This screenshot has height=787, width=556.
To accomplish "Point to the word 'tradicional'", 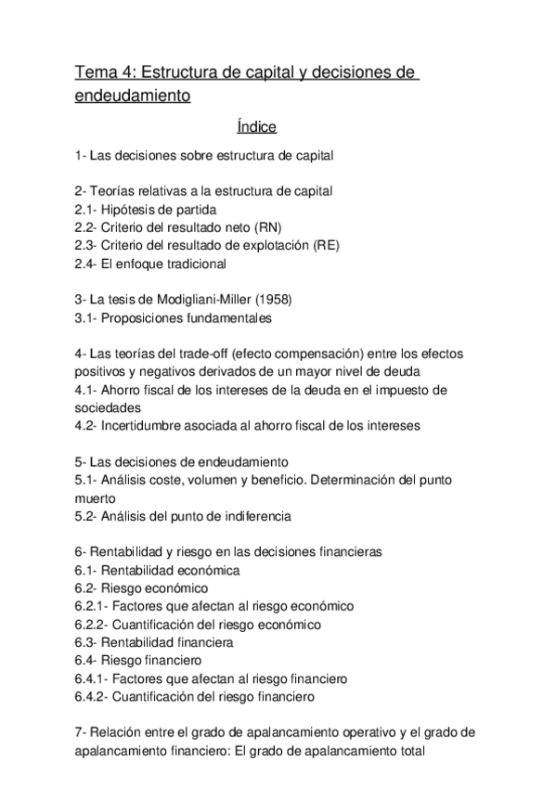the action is pos(193,264).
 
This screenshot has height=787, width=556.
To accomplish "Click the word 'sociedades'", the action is pos(107,407).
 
